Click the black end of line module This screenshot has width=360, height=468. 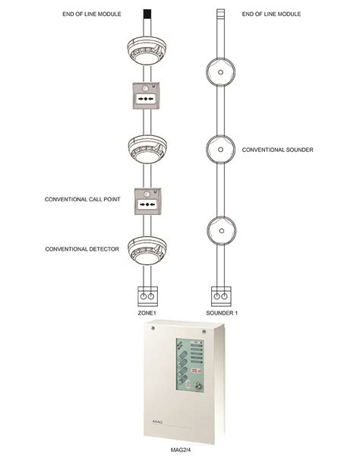click(147, 14)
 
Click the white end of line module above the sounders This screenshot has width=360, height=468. click(220, 14)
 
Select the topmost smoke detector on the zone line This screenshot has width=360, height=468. click(147, 50)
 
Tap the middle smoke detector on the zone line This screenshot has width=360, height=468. click(147, 149)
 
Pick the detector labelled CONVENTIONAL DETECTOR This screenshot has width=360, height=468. click(147, 250)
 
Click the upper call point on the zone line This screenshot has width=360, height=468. click(146, 96)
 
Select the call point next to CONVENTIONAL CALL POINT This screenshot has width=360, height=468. click(147, 201)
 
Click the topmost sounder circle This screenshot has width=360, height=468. click(220, 72)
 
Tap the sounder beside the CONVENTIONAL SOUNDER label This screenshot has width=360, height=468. click(220, 150)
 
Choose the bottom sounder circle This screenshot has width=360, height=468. click(221, 231)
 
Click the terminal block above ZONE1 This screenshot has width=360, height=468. click(147, 296)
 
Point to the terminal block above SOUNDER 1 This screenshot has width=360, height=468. click(221, 296)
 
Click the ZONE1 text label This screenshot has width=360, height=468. click(147, 313)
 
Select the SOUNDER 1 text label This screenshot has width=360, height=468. click(222, 313)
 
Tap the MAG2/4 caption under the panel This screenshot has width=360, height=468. click(180, 450)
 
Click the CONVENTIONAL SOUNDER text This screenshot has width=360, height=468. click(277, 150)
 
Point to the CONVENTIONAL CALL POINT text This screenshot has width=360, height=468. click(82, 199)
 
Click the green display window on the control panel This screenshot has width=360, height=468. click(190, 365)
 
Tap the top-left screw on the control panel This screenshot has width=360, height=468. click(153, 328)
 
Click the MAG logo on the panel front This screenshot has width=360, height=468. click(157, 422)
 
